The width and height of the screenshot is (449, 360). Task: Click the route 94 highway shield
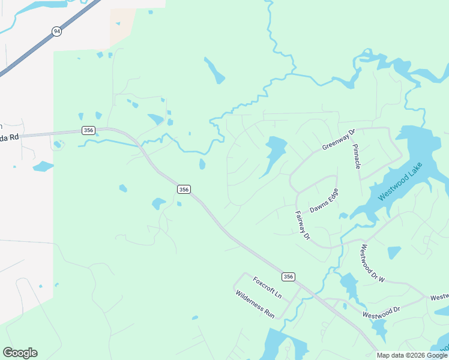pyautogui.click(x=56, y=31)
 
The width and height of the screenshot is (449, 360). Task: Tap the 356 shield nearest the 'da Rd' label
pyautogui.click(x=88, y=131)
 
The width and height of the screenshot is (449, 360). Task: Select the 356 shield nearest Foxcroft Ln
pyautogui.click(x=288, y=276)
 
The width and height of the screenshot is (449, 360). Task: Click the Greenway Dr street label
pyautogui.click(x=339, y=139)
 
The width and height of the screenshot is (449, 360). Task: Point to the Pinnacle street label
pyautogui.click(x=357, y=155)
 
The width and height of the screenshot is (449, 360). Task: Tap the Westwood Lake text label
pyautogui.click(x=400, y=181)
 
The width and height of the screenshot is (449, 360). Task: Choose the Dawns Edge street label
pyautogui.click(x=324, y=200)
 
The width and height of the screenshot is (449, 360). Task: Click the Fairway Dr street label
pyautogui.click(x=302, y=225)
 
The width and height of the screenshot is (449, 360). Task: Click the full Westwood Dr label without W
pyautogui.click(x=381, y=313)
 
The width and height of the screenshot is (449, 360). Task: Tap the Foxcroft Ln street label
pyautogui.click(x=267, y=288)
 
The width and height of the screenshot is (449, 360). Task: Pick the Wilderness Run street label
pyautogui.click(x=255, y=304)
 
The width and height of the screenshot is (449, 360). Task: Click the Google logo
pyautogui.click(x=20, y=353)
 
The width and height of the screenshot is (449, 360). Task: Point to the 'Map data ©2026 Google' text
pyautogui.click(x=412, y=355)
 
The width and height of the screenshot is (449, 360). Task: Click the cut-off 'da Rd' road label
pyautogui.click(x=10, y=137)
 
